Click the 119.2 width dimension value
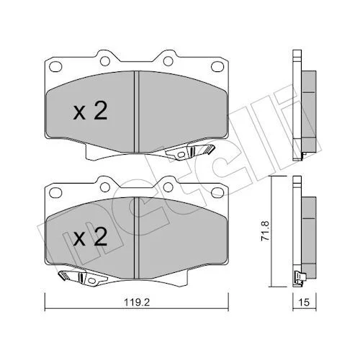point(137,302)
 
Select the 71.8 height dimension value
point(266,231)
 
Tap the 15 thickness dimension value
point(305,302)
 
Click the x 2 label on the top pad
point(90,112)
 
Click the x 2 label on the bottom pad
point(90,238)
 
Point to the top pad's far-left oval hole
point(55,66)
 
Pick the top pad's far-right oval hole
point(217,66)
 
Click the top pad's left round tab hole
point(105,61)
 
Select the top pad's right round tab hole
point(168,61)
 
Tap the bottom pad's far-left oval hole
point(55,192)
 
